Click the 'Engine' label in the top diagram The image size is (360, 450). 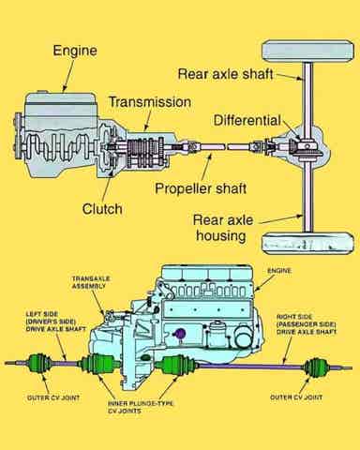[x=75, y=51]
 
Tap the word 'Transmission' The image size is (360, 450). [x=150, y=102]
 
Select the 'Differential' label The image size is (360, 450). [x=247, y=121]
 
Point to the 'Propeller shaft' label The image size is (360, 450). [x=201, y=188]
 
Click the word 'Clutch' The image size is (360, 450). [x=102, y=209]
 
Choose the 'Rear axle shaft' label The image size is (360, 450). [x=225, y=74]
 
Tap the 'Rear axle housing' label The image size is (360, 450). [x=223, y=228]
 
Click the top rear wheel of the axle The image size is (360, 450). [x=307, y=52]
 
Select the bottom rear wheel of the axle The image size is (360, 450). [x=307, y=244]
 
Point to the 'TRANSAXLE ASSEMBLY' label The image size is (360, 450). [x=91, y=282]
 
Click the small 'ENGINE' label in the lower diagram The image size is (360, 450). [x=279, y=271]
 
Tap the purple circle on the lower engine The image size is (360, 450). [x=179, y=334]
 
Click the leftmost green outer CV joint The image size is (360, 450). [x=39, y=363]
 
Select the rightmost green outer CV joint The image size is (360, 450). [x=316, y=367]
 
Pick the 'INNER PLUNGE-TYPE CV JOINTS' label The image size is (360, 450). [x=141, y=407]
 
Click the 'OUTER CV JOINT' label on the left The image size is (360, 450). [x=53, y=397]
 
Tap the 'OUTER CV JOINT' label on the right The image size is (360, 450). [x=296, y=397]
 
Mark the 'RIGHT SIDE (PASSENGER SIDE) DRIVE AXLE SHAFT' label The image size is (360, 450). [x=307, y=324]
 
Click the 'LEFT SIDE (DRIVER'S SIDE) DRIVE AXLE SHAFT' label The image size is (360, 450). [x=55, y=322]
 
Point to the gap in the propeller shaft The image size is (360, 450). [x=227, y=146]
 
